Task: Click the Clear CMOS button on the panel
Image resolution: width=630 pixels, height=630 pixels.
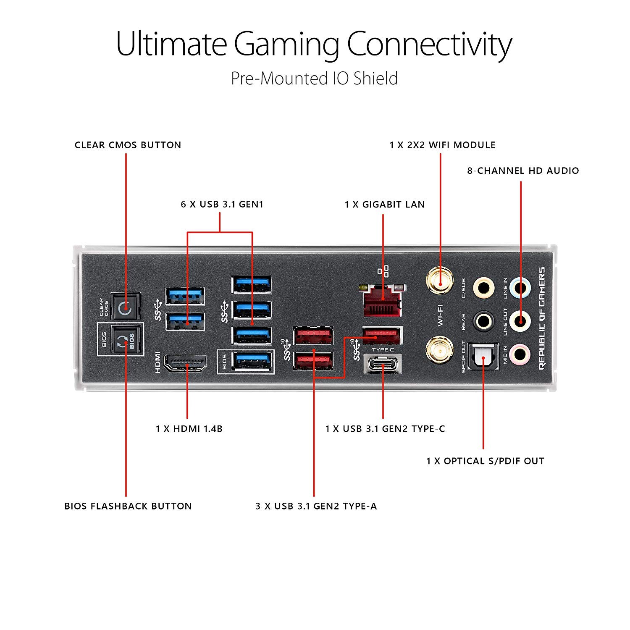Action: (125, 307)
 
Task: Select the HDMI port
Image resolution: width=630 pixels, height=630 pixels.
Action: (185, 363)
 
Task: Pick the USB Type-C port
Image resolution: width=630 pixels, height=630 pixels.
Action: (383, 364)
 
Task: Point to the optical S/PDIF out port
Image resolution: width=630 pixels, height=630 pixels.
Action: (483, 357)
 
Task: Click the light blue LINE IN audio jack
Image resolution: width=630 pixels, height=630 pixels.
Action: (520, 288)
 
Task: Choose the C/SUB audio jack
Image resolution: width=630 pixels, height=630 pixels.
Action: (483, 288)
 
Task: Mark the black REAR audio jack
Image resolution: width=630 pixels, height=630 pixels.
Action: (483, 321)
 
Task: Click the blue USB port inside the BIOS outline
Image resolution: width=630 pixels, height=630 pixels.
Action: (251, 361)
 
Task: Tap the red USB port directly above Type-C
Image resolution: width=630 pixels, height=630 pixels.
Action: (382, 336)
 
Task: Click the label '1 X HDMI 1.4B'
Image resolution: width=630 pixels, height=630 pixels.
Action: (189, 429)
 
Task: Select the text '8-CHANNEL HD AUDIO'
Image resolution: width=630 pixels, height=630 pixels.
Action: (523, 171)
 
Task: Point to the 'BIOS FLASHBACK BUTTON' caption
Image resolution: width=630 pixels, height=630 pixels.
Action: (128, 506)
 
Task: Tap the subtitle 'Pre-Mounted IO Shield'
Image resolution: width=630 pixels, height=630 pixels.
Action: (314, 79)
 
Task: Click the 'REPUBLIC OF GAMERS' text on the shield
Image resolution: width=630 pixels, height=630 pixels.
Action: (542, 318)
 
